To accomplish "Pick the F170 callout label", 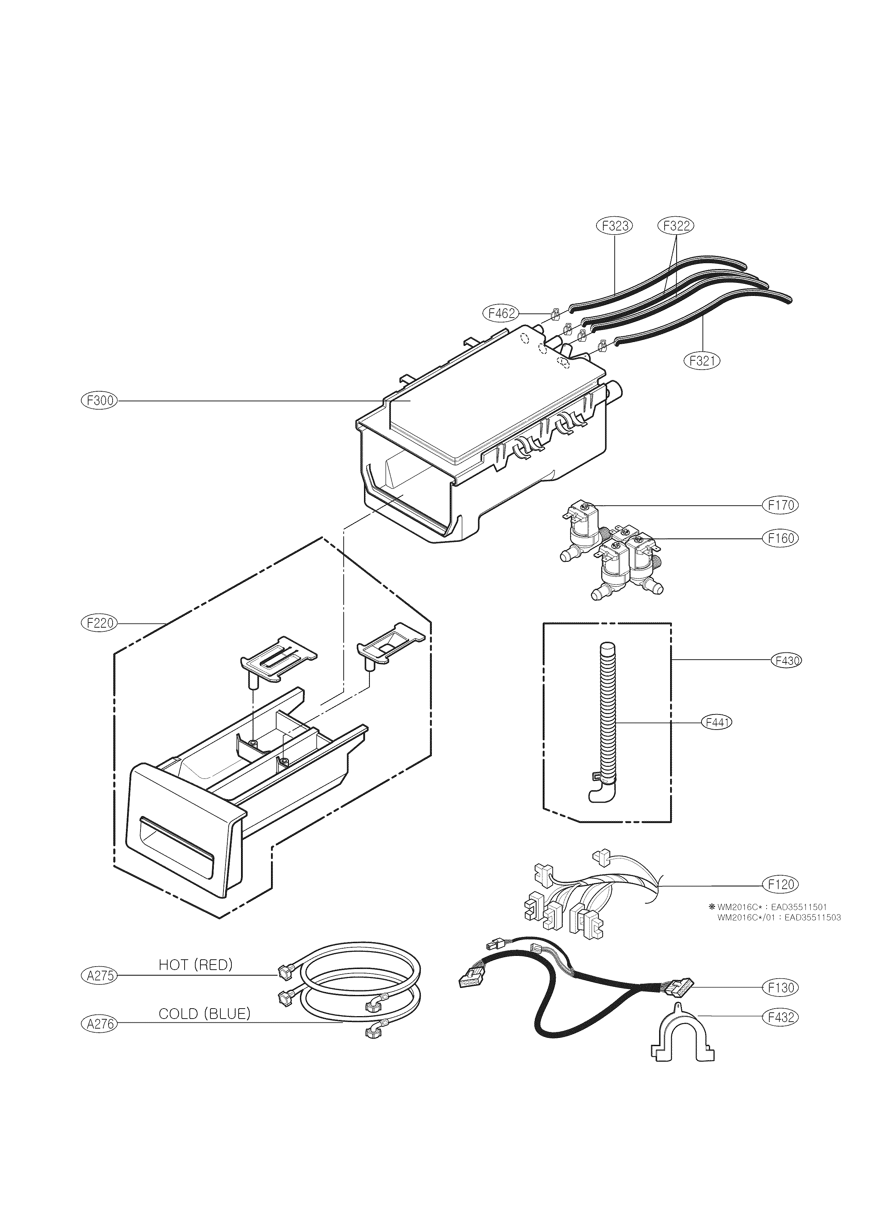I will tap(781, 505).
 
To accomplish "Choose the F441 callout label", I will tap(717, 722).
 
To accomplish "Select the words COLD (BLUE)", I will tap(204, 1014).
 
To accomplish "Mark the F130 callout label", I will tap(781, 988).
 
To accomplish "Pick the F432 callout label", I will tap(781, 1017).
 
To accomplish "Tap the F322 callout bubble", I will tap(676, 226).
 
